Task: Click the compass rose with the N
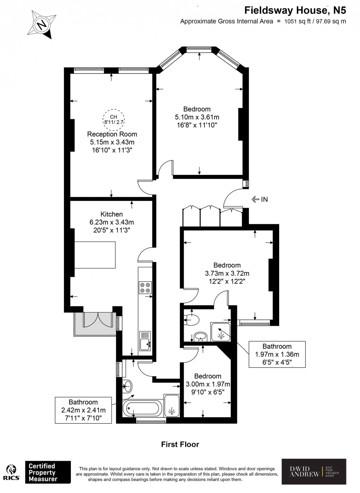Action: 43,24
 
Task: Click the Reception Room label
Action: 112,134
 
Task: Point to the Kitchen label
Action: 112,214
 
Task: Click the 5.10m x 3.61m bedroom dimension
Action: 197,117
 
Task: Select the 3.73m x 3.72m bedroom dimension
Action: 227,273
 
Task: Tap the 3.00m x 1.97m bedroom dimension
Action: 208,384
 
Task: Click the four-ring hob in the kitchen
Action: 145,287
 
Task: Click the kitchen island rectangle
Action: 95,255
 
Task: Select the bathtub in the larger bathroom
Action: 142,408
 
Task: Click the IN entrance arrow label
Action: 260,199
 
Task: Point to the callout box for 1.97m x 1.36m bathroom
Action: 277,354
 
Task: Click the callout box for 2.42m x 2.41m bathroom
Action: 83,410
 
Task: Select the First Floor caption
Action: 180,445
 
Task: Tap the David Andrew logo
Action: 314,472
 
